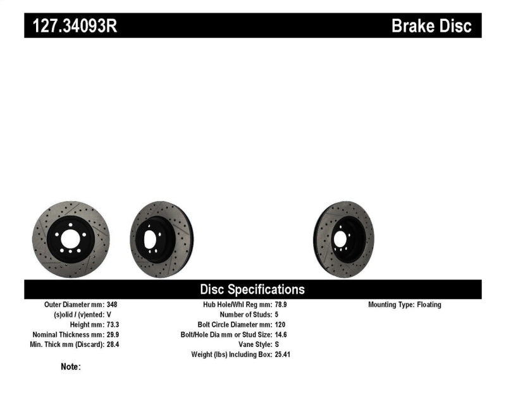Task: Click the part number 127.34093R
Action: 70,26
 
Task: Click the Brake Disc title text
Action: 431,26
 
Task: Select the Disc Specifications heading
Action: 252,289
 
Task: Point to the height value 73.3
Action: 111,324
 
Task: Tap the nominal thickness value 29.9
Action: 111,334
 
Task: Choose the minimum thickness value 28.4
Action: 111,344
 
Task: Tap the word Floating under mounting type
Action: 428,304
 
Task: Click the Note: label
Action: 71,367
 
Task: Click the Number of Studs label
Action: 245,314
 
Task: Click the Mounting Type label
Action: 391,304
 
